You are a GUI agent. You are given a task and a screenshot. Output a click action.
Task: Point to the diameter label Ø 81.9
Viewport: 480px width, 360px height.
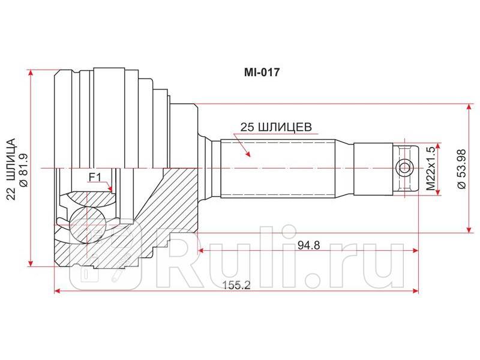point(25,169)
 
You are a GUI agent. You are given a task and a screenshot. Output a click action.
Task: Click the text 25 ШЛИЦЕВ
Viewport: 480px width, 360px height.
point(275,127)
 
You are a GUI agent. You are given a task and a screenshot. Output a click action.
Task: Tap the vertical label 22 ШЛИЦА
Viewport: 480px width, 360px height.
point(10,169)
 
